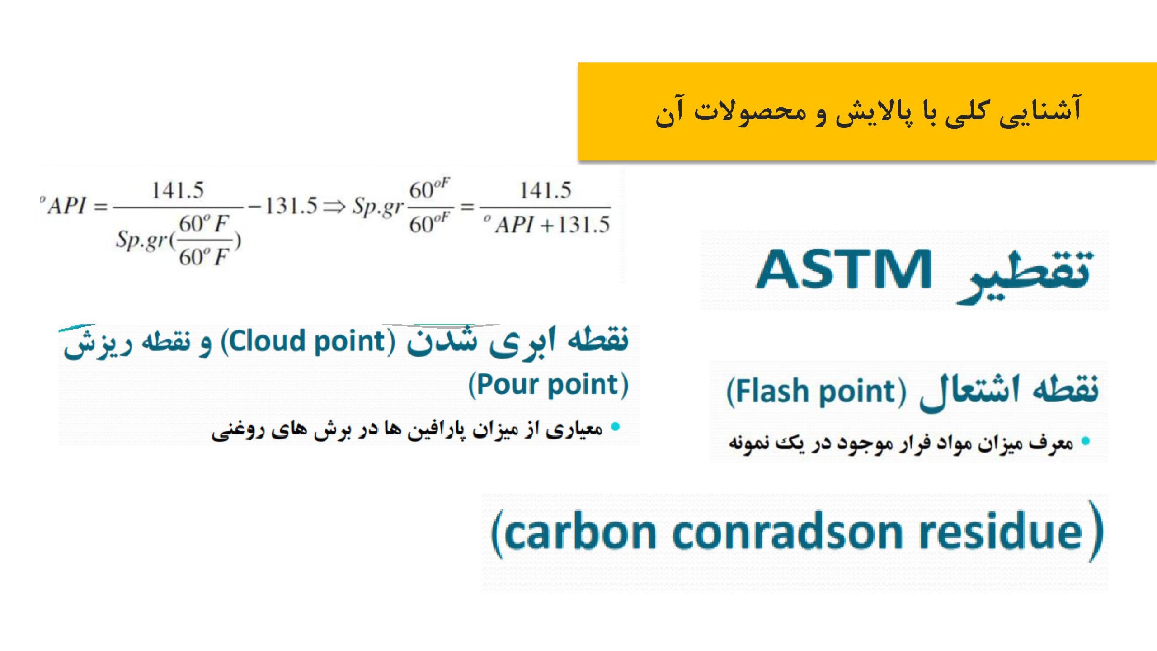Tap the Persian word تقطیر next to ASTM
pos(1025,276)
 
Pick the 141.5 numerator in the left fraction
pos(178,190)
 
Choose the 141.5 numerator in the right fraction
pos(546,190)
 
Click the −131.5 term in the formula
pos(283,206)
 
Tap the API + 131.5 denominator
pos(547,225)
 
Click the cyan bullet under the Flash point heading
pos(1086,441)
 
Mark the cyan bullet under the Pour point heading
pos(615,426)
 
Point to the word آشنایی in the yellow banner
pos(1040,111)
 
